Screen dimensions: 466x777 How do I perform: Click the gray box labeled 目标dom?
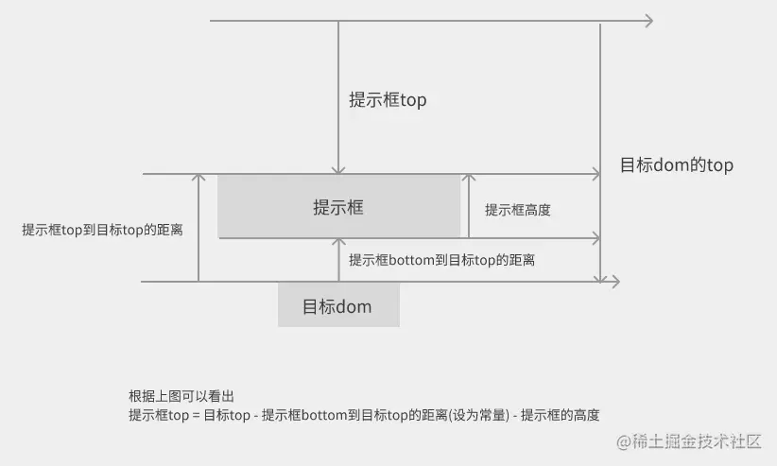[x=338, y=305]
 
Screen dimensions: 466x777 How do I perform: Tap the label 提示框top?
[x=388, y=99]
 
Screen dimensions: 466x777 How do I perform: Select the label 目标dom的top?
[x=676, y=165]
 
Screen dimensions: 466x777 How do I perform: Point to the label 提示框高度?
[x=517, y=210]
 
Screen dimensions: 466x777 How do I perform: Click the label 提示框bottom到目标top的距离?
[x=441, y=259]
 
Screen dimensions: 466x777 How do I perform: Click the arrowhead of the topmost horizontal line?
[x=648, y=20]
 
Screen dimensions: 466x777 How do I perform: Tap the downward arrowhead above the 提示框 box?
[x=337, y=168]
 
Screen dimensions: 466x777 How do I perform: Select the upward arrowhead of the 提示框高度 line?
[x=467, y=179]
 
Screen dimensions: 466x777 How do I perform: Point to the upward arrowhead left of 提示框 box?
[x=199, y=179]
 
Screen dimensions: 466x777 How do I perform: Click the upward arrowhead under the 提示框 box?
[x=337, y=243]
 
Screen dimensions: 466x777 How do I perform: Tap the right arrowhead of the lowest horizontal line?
[x=614, y=282]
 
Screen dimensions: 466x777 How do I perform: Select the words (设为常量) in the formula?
[x=478, y=414]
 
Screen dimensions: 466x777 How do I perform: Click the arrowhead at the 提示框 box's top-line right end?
[x=596, y=174]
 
